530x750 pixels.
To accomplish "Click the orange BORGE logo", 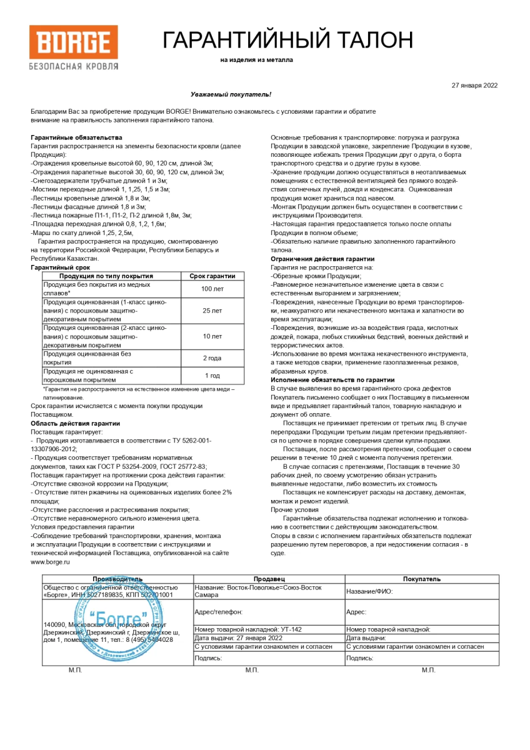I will click(x=73, y=42).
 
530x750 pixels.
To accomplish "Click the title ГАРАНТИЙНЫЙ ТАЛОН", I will click(x=287, y=40).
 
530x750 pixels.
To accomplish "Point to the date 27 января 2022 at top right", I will click(x=474, y=86).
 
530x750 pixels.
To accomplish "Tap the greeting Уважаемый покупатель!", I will click(x=231, y=94).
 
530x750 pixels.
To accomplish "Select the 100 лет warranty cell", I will click(x=212, y=289).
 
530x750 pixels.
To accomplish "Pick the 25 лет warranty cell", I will click(x=212, y=311).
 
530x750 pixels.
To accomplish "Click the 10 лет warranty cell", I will click(x=212, y=336).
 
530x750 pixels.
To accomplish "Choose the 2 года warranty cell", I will click(x=212, y=358).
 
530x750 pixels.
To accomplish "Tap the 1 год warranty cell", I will click(x=212, y=376).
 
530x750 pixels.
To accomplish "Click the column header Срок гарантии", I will click(x=212, y=276).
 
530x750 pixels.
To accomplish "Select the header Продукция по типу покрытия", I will click(x=106, y=276).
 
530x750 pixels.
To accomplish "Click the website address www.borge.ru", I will click(x=50, y=562).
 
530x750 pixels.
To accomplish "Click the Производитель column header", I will click(x=117, y=579).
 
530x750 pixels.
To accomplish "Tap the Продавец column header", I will click(x=269, y=579).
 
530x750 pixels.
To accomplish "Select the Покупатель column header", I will click(x=421, y=579).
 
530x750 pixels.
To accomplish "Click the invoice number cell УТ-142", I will click(x=269, y=629).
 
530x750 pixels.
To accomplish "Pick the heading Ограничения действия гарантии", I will click(x=322, y=259).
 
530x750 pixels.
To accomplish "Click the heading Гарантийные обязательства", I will click(x=76, y=137).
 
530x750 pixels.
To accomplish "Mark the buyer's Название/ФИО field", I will click(x=421, y=591).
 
